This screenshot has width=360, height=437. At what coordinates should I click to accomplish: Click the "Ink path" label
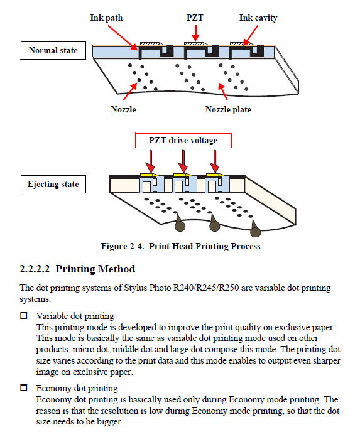tap(106, 18)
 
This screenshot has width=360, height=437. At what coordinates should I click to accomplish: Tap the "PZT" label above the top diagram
tap(195, 18)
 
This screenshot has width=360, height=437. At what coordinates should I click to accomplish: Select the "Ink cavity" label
tap(258, 18)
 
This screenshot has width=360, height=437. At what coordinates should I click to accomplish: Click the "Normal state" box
tap(53, 50)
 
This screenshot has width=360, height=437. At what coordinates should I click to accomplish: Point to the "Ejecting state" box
tap(53, 184)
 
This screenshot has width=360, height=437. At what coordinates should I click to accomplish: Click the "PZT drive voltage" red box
tap(183, 140)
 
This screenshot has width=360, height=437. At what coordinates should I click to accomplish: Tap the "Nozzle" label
tap(123, 109)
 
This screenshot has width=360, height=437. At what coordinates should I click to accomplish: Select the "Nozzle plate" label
tap(228, 109)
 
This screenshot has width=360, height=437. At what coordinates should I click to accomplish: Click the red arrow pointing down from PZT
tap(196, 33)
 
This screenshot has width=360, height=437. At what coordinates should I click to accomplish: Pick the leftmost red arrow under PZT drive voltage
tap(151, 161)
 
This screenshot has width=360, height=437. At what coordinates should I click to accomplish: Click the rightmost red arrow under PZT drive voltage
tap(215, 161)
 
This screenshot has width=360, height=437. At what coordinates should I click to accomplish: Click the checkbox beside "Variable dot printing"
tap(24, 315)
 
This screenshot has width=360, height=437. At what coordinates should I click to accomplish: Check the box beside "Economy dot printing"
tap(24, 387)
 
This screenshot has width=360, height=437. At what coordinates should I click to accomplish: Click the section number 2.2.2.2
tap(35, 269)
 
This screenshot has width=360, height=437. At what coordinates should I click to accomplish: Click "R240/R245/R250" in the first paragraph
tap(206, 288)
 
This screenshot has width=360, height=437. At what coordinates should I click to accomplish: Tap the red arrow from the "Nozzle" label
tap(130, 91)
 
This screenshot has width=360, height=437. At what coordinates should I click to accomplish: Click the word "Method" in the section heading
tap(117, 269)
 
